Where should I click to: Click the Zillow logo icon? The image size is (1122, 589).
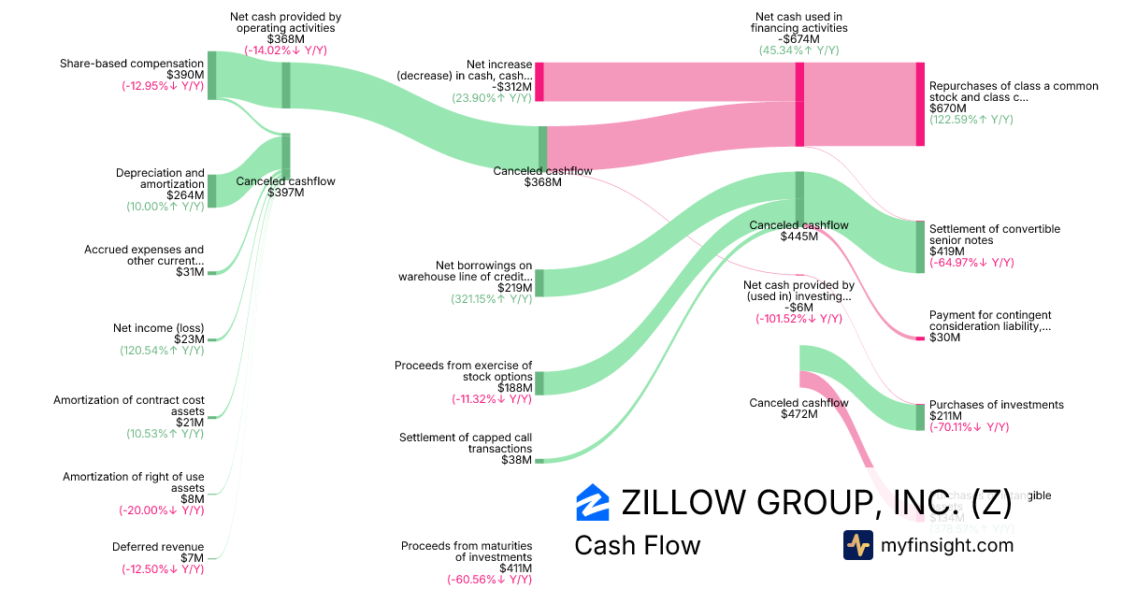tap(593, 502)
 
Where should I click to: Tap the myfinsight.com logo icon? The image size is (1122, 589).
tap(857, 545)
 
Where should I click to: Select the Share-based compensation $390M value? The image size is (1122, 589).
tap(185, 75)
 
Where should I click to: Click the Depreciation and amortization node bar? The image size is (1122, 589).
tap(211, 191)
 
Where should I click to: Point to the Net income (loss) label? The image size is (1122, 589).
tap(158, 327)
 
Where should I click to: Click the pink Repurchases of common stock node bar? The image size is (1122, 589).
tap(920, 104)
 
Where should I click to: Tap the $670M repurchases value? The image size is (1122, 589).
tap(948, 108)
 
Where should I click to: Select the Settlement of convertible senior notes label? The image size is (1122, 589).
tap(994, 235)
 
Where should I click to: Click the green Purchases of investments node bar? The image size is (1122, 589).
tap(920, 417)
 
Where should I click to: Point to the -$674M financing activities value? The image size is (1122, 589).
tap(798, 39)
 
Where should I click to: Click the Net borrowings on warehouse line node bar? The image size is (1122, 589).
tap(539, 282)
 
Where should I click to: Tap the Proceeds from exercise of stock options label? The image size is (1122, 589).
tap(463, 370)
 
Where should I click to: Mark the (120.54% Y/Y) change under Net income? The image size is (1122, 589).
tap(162, 351)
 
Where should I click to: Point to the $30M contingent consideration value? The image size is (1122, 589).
tap(944, 338)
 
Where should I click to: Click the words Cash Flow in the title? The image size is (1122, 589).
tap(637, 545)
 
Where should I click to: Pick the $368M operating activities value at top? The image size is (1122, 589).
tap(285, 39)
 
